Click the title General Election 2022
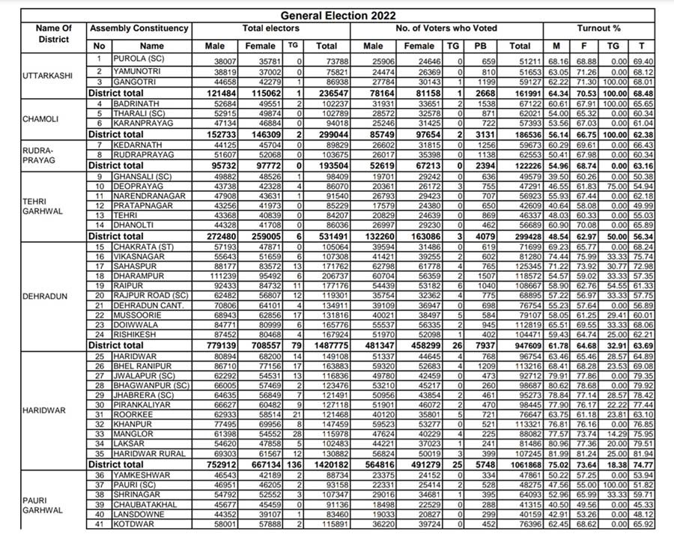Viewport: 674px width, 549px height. (x=338, y=15)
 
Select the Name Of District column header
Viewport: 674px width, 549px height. (x=54, y=34)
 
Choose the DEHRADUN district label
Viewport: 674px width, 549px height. (x=44, y=296)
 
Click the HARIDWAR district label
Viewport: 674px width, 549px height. (x=43, y=410)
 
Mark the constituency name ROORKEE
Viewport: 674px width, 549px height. (x=133, y=413)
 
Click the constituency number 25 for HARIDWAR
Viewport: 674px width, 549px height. (x=99, y=356)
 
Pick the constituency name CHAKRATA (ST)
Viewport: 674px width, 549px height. (x=145, y=246)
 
